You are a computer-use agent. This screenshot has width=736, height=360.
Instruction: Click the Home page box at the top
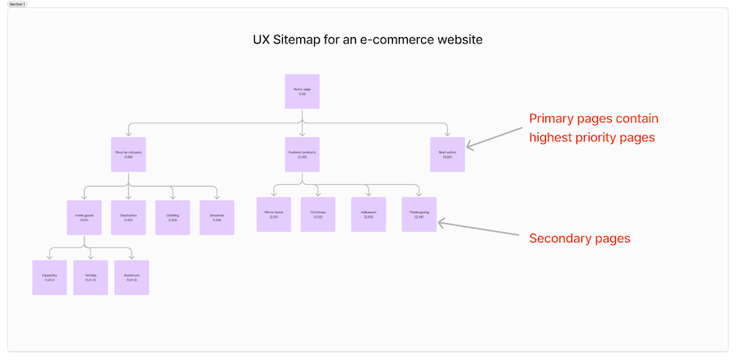click(302, 91)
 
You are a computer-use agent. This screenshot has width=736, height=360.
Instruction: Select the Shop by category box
click(128, 155)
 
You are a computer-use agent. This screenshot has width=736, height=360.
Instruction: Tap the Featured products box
click(302, 155)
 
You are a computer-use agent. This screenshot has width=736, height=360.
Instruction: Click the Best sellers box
click(447, 155)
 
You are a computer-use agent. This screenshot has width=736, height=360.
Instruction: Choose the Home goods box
click(84, 217)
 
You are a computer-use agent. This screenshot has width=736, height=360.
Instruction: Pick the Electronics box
click(127, 217)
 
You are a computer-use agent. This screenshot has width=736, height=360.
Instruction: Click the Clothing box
click(172, 217)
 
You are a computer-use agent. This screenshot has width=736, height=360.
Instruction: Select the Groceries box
click(216, 217)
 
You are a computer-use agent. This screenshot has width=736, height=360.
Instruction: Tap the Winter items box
click(273, 215)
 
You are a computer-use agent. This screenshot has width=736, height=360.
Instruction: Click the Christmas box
click(317, 215)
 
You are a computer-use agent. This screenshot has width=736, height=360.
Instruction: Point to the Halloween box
click(368, 215)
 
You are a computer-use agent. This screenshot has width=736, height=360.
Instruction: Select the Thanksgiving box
click(418, 215)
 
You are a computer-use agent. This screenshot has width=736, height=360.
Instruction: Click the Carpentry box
click(49, 278)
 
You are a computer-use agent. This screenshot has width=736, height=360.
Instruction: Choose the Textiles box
click(90, 278)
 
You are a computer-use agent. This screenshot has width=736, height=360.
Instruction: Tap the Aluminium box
click(132, 278)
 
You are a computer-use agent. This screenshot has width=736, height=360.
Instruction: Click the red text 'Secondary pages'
click(579, 238)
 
